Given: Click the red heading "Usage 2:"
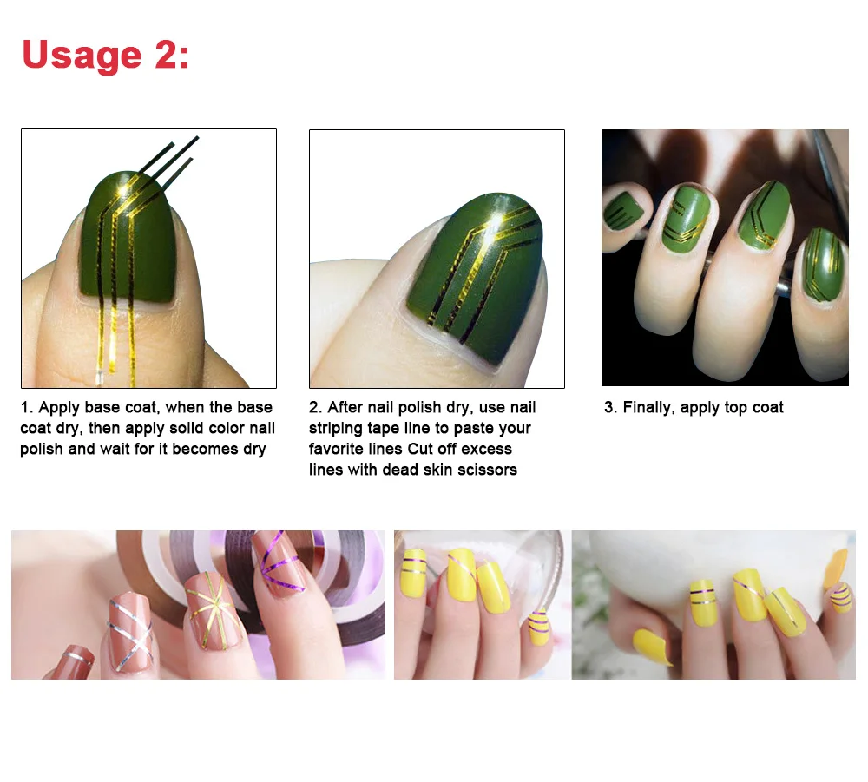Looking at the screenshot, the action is tap(105, 56).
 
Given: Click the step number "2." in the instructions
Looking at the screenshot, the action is tap(316, 408).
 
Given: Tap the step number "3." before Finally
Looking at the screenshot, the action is tap(611, 408).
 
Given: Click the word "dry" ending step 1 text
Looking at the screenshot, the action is tap(254, 450).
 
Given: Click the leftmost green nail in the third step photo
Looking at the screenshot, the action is tap(623, 209).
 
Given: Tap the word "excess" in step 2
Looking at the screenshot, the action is tap(486, 449).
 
